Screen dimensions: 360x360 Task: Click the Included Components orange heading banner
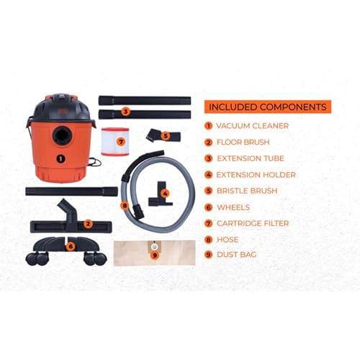tap(267, 107)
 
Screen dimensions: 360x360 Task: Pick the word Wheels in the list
tap(235, 207)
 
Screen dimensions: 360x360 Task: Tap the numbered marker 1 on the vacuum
tap(60, 158)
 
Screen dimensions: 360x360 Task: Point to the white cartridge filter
tap(120, 140)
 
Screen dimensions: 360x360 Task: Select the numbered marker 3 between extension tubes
tap(125, 111)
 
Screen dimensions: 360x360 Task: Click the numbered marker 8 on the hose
tap(125, 205)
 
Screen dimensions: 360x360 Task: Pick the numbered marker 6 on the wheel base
tap(71, 246)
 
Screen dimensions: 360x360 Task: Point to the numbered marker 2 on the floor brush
tap(88, 223)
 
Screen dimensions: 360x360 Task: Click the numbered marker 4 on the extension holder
tap(165, 193)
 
